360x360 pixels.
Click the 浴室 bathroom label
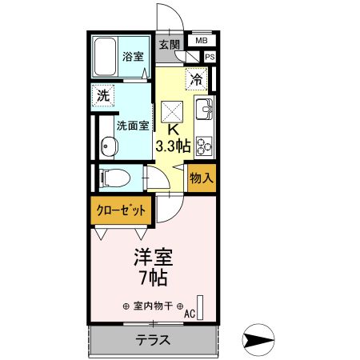(x=132, y=58)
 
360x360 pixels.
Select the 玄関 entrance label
(x=168, y=44)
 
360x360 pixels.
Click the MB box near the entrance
(x=202, y=39)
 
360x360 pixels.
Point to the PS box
(x=210, y=57)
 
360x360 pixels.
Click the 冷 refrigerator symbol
(x=197, y=78)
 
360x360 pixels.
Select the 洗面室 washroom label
(x=132, y=126)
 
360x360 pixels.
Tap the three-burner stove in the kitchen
(x=203, y=145)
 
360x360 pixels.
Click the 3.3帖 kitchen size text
(x=173, y=146)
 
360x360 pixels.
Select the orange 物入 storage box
(x=202, y=178)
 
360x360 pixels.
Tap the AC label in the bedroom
(x=190, y=314)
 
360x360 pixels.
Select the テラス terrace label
(x=153, y=339)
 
